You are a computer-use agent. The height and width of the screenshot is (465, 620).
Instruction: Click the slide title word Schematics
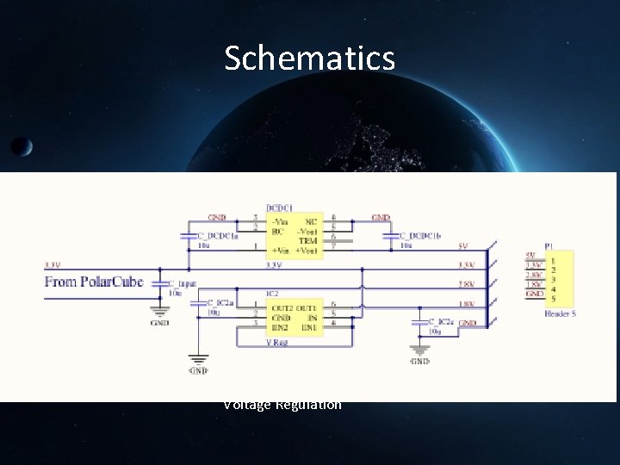(309, 59)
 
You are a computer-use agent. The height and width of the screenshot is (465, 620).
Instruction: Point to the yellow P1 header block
(561, 276)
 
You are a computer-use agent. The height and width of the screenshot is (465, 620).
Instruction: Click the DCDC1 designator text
(278, 208)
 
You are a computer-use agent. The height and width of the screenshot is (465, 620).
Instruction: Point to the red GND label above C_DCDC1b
(381, 218)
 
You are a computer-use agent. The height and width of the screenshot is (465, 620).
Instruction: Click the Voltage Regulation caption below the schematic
(282, 405)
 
